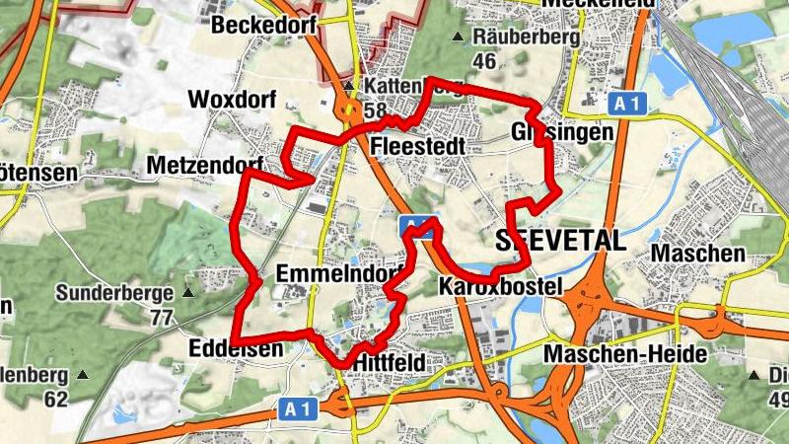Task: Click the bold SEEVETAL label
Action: click(x=560, y=241)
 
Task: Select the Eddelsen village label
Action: click(x=235, y=347)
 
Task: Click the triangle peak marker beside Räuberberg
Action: click(x=457, y=37)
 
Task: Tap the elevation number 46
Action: click(x=483, y=61)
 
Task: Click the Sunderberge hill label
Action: click(x=113, y=293)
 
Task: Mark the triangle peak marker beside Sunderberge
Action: click(x=187, y=293)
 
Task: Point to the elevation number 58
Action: click(x=375, y=111)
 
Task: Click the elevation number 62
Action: click(x=55, y=400)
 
